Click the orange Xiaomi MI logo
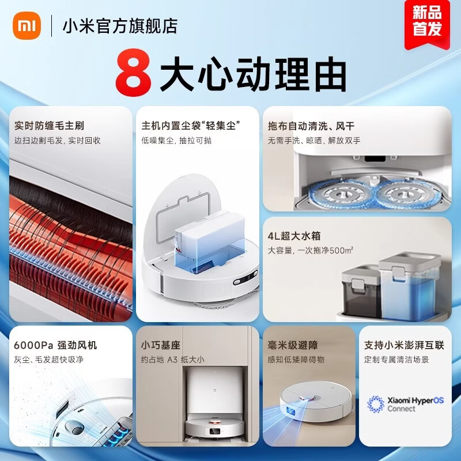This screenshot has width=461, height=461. point(24,26)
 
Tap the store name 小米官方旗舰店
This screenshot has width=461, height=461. point(119,26)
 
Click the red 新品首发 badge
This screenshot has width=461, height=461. point(427,22)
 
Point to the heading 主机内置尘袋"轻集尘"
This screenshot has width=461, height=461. point(191,125)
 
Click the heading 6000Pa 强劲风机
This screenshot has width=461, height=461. point(55,345)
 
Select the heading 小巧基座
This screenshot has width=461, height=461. point(161,345)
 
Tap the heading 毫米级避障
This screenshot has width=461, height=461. point(293,345)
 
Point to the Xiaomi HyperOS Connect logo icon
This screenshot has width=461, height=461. point(376,403)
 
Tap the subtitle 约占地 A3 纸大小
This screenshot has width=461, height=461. point(172,360)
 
